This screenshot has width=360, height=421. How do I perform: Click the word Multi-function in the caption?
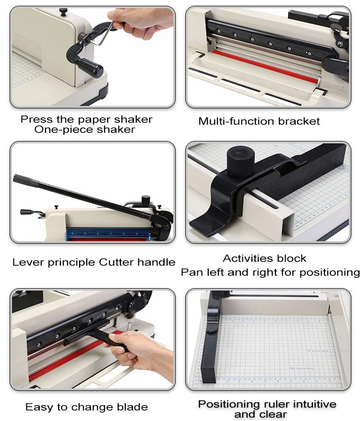point(237,121)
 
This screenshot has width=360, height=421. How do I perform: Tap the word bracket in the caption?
point(299,121)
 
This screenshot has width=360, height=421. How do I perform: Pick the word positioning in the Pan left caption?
point(330,272)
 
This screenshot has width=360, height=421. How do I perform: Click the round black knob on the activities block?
point(240,161)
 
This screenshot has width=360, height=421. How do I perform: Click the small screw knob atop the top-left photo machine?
point(63,12)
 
